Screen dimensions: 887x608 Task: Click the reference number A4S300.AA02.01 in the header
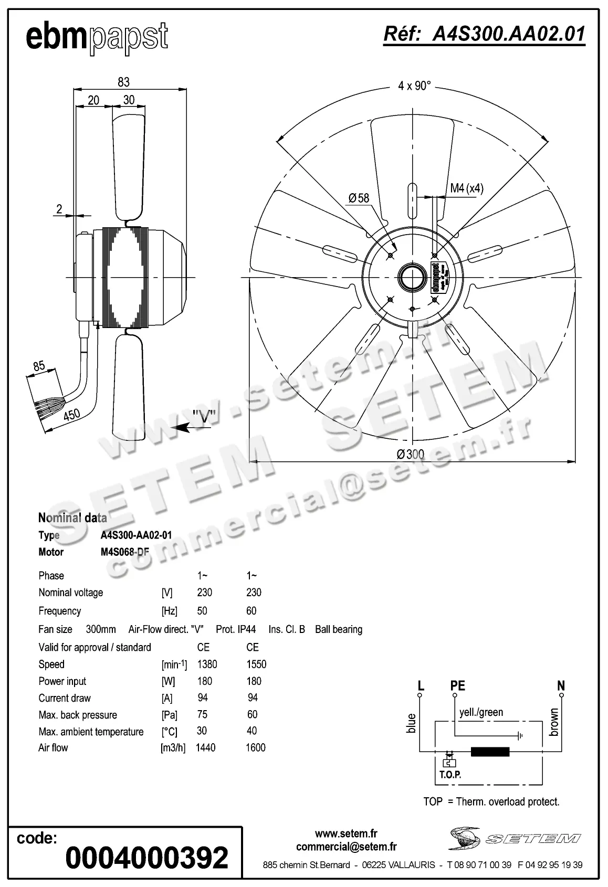[x=484, y=34]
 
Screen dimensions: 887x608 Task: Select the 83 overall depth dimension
[x=123, y=82]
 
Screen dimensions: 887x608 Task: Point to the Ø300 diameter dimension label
[x=410, y=454]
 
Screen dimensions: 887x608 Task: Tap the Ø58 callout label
[x=359, y=198]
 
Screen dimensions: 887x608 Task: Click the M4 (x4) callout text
[x=466, y=188]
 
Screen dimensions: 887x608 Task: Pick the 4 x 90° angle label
[x=414, y=86]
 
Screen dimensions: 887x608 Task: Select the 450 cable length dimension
[x=71, y=415]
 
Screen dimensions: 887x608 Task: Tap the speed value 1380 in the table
[x=207, y=664]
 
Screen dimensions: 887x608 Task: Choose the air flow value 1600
[x=255, y=747]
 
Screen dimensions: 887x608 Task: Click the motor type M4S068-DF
[x=124, y=552]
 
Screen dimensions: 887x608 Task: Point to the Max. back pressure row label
[x=78, y=715]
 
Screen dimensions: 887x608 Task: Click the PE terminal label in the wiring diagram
[x=457, y=685]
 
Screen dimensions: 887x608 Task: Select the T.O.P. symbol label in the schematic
[x=450, y=774]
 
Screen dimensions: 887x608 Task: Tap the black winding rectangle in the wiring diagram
[x=490, y=752]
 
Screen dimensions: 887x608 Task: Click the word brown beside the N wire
[x=553, y=722]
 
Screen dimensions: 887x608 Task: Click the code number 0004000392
[x=147, y=858]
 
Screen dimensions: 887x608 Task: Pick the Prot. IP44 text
[x=236, y=629]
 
